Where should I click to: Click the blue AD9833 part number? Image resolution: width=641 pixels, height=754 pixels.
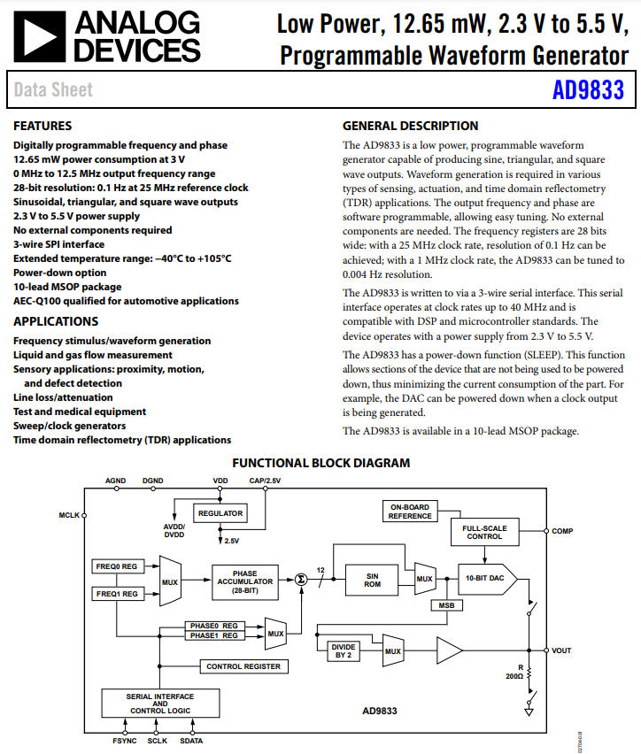click(x=588, y=90)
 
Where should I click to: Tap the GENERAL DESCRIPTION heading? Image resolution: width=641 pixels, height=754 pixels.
click(x=410, y=126)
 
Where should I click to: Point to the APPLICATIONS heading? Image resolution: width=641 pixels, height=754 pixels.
click(x=56, y=321)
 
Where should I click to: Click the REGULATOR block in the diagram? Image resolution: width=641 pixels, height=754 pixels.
click(x=220, y=513)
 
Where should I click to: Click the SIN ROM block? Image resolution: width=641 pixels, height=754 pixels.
click(x=373, y=580)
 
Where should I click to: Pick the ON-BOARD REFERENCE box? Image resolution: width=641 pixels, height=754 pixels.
click(x=409, y=512)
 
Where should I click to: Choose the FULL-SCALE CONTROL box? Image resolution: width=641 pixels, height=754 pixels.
click(x=484, y=532)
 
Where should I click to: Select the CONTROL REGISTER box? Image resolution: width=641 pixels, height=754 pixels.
click(x=243, y=666)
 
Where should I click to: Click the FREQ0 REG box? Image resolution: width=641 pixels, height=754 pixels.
click(x=115, y=565)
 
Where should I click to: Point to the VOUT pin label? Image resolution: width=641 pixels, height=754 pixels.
click(x=562, y=650)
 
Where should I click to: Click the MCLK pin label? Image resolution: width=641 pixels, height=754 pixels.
click(x=68, y=513)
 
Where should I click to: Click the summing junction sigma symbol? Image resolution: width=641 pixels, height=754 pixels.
click(x=300, y=579)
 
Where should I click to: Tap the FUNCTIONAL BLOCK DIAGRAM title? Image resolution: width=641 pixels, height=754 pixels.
click(x=320, y=463)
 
